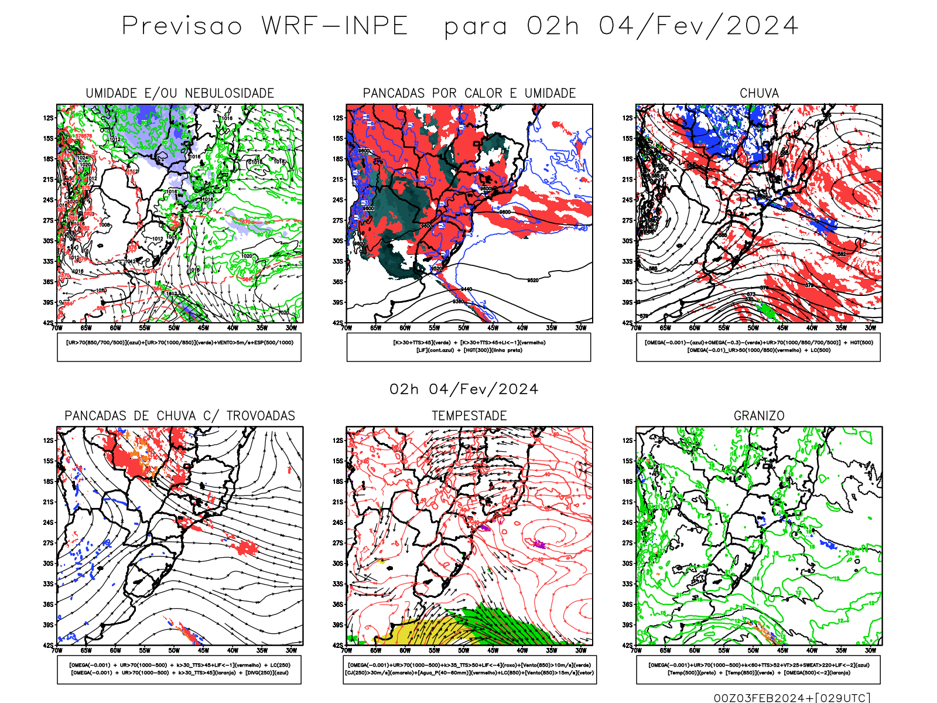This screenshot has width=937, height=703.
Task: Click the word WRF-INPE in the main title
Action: point(334,26)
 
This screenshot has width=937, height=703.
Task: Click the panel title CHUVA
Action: point(759,93)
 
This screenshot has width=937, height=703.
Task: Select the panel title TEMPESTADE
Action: point(469,415)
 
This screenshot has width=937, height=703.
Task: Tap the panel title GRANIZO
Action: point(759,415)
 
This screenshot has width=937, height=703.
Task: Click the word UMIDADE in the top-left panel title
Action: point(111,93)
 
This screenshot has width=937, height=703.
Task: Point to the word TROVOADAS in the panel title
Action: point(261,415)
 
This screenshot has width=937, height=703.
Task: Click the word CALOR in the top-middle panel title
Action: point(483,93)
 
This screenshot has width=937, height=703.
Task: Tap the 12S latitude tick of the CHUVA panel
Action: point(628,118)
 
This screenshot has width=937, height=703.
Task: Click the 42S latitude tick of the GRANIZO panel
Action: point(628,646)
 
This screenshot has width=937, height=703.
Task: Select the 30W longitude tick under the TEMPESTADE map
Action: point(581,650)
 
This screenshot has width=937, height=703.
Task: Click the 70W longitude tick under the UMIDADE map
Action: point(57,328)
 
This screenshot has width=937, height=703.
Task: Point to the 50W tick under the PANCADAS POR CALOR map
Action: point(464,328)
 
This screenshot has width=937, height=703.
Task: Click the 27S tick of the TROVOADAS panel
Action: point(48,543)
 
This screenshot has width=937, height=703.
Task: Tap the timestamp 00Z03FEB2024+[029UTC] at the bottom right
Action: point(792,697)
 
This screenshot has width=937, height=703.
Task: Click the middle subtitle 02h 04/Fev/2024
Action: point(464,389)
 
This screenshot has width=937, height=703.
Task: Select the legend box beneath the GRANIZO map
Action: point(758,669)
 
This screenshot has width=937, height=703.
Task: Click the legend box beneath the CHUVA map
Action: point(758,347)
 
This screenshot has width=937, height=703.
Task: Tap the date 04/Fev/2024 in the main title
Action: point(698,26)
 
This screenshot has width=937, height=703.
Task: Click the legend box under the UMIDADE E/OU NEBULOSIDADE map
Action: point(179,347)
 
